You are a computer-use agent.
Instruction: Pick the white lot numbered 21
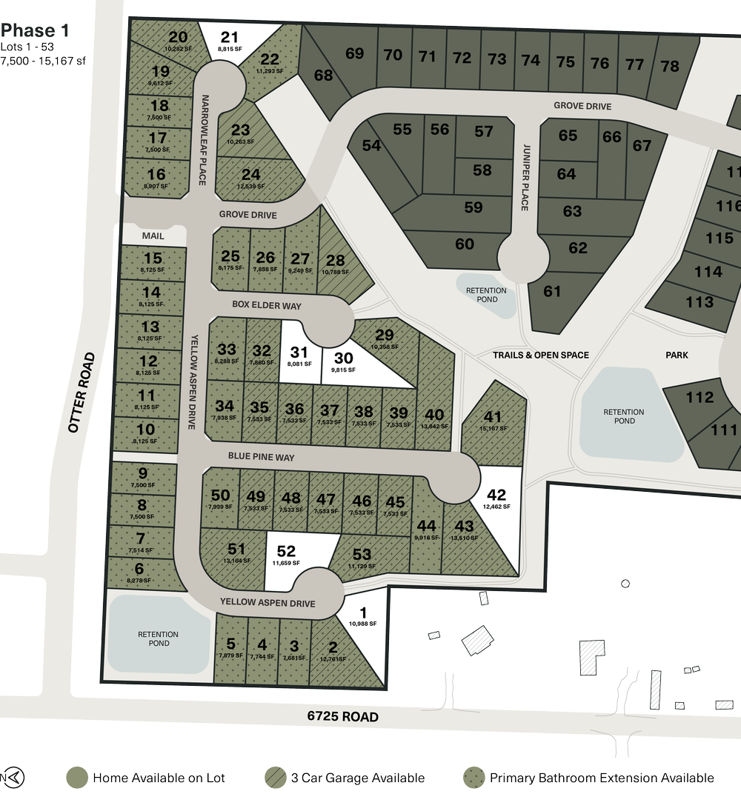click(x=230, y=41)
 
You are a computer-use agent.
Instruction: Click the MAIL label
click(x=154, y=236)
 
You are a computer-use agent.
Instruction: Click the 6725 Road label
click(x=343, y=717)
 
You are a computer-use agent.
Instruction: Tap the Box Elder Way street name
click(x=267, y=305)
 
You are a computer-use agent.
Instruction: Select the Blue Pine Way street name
click(x=261, y=458)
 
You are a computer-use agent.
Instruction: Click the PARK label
click(x=677, y=356)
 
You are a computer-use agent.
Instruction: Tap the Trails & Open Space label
click(x=541, y=356)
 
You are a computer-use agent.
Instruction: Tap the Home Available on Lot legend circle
click(x=77, y=778)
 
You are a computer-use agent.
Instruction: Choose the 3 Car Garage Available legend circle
click(x=275, y=778)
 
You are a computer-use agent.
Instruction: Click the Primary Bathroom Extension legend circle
click(x=473, y=778)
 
